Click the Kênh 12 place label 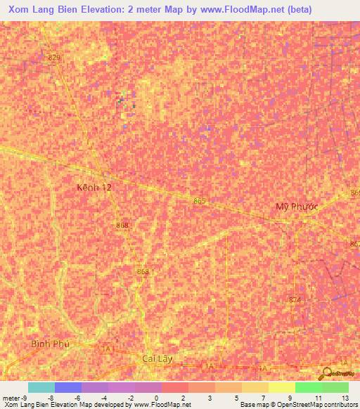94,188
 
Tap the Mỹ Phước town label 296,206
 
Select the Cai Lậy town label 157,358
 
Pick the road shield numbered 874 294,300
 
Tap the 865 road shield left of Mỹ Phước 200,201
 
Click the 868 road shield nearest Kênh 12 123,225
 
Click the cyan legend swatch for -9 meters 41,387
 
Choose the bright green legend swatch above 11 309,387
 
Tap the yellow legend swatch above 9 282,387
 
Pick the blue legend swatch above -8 67,387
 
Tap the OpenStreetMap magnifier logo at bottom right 326,373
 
